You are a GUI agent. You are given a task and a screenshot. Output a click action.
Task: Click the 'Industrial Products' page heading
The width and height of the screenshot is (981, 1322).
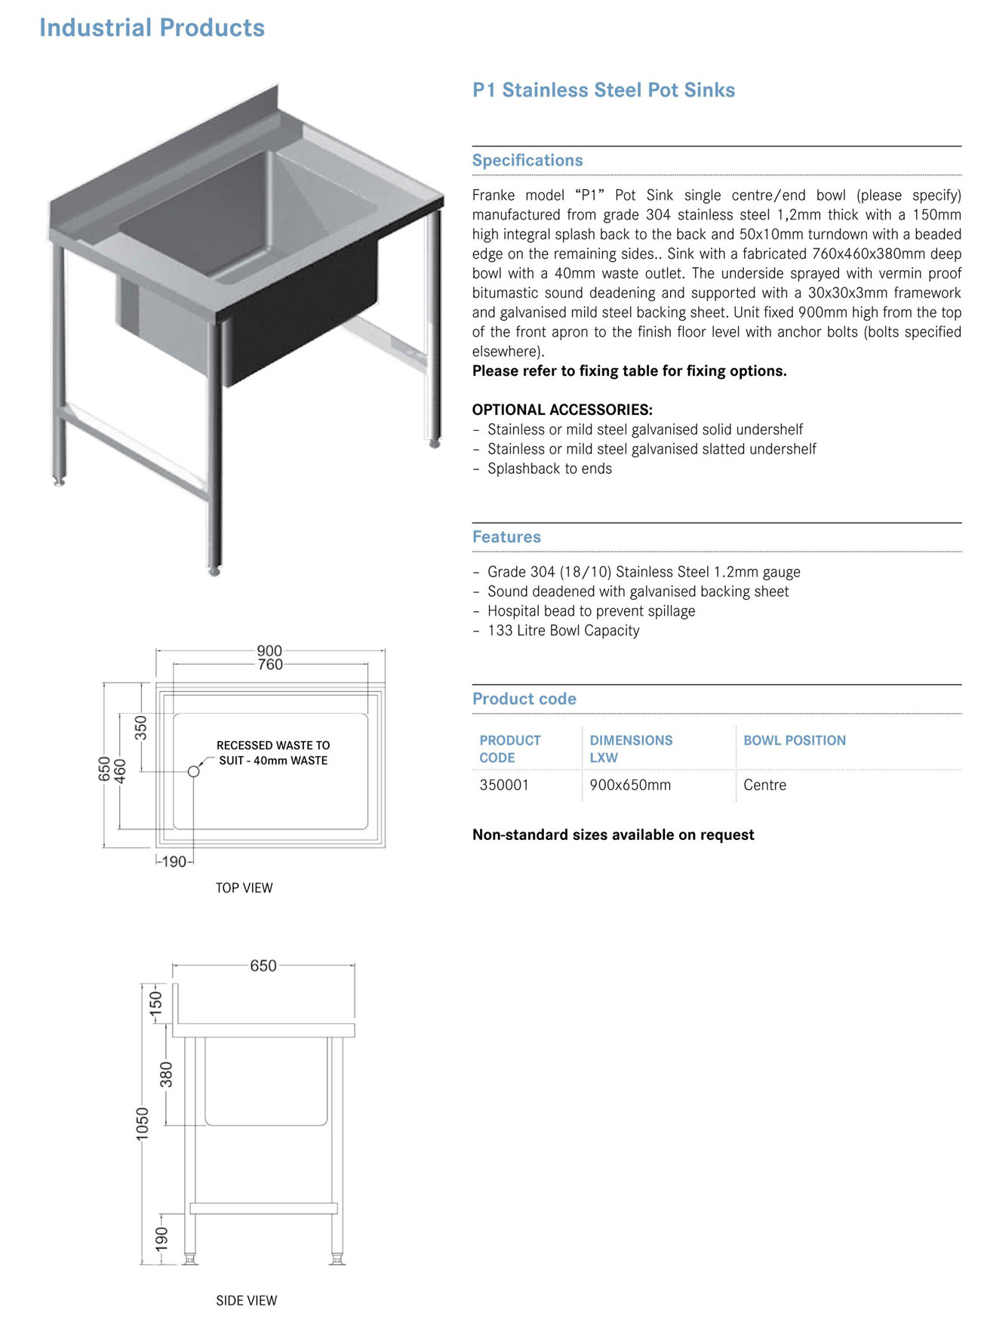[x=152, y=28]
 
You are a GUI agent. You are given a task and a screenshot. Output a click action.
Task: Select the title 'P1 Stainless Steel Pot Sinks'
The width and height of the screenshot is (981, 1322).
[x=603, y=90]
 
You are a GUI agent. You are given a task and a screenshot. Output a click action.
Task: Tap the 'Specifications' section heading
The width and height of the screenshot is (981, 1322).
[x=527, y=160]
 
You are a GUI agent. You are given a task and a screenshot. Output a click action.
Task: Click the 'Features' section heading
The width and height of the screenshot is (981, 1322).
[x=506, y=536]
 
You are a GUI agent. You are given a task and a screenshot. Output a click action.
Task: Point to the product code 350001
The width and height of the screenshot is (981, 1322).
[x=504, y=785]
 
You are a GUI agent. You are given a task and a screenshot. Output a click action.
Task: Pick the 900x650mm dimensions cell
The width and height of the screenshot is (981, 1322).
[x=630, y=785]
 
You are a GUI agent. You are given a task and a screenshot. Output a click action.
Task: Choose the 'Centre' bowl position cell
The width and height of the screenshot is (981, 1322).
[x=764, y=785]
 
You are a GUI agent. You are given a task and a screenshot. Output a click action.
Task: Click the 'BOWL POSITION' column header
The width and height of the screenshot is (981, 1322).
[x=794, y=740]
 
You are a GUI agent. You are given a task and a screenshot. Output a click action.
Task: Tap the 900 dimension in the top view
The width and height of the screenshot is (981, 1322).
[x=269, y=650]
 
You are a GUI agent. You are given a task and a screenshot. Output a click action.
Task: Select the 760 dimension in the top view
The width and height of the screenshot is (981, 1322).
[x=270, y=665]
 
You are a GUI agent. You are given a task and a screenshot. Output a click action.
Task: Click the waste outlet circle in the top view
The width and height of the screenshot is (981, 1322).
[x=194, y=771]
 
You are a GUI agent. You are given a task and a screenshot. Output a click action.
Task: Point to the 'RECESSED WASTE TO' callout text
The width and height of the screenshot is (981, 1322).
[x=273, y=745]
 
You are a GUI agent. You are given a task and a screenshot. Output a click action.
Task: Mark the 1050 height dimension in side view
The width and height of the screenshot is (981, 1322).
[x=143, y=1124]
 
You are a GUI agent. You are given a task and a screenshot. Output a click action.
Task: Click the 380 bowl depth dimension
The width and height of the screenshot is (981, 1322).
[x=166, y=1075]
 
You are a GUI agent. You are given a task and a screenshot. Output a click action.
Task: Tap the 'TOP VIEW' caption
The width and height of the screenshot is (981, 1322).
[x=244, y=888]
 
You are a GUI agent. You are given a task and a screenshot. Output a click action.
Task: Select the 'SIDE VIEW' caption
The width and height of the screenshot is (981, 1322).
[x=246, y=1300]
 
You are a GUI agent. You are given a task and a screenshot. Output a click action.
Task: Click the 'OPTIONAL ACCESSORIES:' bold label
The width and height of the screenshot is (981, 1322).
[x=562, y=410]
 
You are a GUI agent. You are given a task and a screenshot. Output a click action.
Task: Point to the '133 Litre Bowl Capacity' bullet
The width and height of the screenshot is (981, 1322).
[x=563, y=630]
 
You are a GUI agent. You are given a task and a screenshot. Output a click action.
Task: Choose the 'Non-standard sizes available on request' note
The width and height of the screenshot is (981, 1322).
[x=613, y=835]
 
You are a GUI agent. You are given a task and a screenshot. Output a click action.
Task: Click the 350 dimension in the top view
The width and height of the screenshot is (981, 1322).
[x=141, y=727]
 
